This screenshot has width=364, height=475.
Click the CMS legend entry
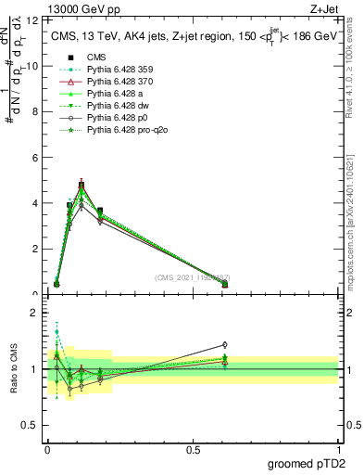pyautogui.click(x=96, y=57)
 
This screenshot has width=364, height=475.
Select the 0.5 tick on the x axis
pyautogui.click(x=193, y=448)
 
